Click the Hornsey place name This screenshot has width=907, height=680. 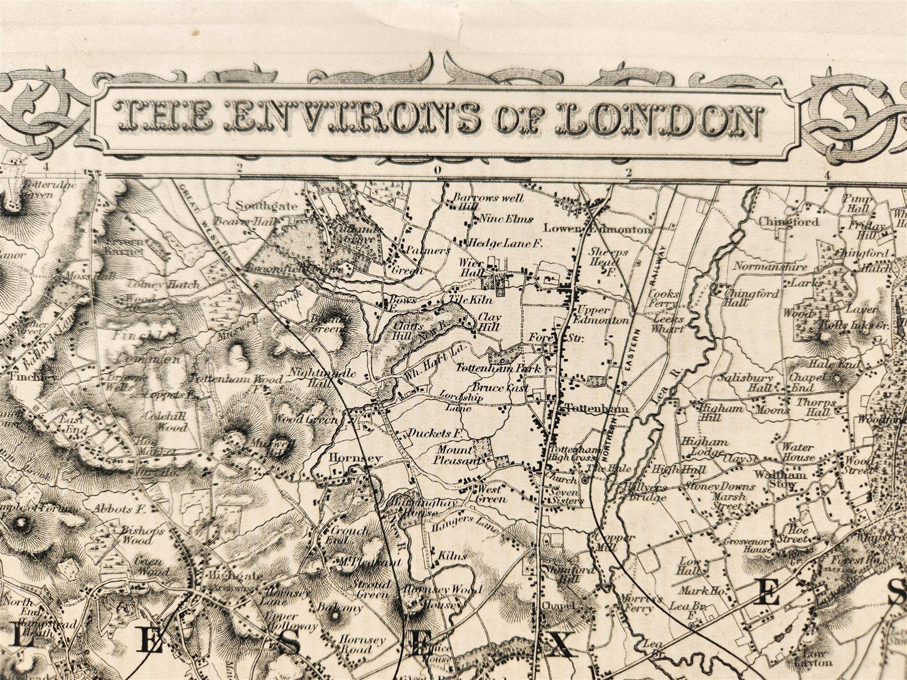355,459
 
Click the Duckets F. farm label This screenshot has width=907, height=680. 435,433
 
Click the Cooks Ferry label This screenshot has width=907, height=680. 663,299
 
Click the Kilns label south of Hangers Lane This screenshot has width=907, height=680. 453,556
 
